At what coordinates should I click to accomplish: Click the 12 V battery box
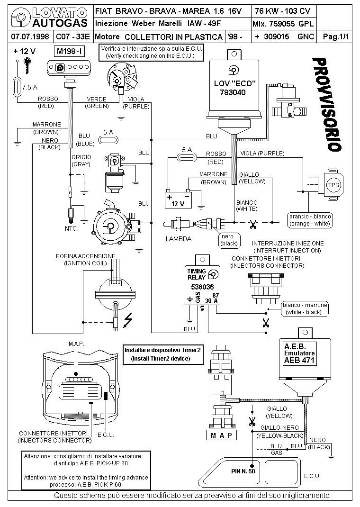(178, 200)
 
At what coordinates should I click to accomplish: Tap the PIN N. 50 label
(243, 471)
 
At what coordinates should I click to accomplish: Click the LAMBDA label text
(179, 239)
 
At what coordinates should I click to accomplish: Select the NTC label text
(71, 228)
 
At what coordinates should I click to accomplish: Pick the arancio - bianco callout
(310, 219)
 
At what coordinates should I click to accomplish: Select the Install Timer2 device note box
(163, 354)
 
